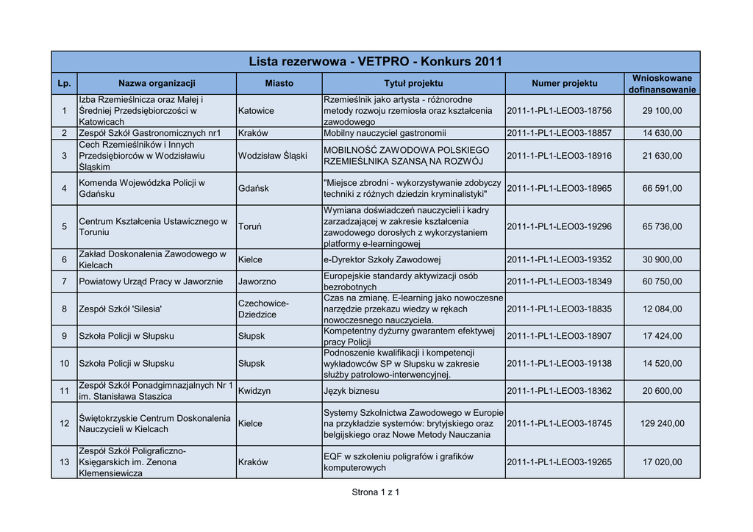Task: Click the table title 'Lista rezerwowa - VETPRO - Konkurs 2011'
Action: coord(376,62)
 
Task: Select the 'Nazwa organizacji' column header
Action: coord(157,84)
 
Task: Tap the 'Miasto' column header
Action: coord(279,84)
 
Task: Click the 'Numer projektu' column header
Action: coord(564,84)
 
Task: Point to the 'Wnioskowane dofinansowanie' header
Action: coord(662,84)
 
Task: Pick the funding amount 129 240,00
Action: coord(662,423)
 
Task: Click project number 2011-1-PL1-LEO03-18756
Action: coord(559,110)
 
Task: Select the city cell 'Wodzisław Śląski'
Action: coord(272,156)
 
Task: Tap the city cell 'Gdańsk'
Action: coord(254,189)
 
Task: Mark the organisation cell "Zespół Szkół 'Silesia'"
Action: coord(120,309)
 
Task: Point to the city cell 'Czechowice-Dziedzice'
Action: coord(263,309)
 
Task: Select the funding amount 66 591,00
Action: coord(662,189)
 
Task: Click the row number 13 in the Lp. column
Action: coord(64,462)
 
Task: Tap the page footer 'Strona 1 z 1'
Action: coord(376,492)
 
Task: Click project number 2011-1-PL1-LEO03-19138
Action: coord(559,364)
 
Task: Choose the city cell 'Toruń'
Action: coord(250,227)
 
